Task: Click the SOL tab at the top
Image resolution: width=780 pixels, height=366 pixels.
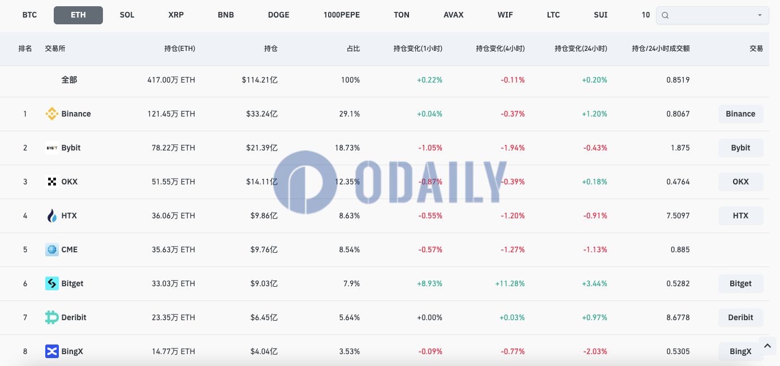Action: (127, 15)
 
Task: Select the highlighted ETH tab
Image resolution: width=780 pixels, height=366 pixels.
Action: (78, 15)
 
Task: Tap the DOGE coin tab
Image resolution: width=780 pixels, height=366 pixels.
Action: (278, 15)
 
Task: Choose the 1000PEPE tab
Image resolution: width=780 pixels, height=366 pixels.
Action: (342, 15)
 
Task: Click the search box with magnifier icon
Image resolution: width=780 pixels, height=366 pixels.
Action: (712, 15)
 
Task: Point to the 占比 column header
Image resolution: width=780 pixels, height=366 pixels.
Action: (353, 49)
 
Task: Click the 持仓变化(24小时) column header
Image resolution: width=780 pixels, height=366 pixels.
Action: (581, 49)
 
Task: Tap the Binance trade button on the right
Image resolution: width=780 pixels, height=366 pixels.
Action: (740, 114)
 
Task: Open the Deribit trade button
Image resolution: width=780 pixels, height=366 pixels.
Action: (740, 317)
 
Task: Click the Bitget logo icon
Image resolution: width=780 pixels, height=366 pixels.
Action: (52, 283)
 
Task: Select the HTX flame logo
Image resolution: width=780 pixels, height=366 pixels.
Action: (52, 216)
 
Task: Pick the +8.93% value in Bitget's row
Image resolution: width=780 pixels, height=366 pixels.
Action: (429, 283)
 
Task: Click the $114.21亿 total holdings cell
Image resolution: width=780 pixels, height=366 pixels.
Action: (260, 80)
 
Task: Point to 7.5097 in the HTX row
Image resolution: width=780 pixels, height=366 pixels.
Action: (678, 216)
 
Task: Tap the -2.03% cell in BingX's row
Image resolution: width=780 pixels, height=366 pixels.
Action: (595, 351)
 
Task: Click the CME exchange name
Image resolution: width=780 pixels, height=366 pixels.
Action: (70, 249)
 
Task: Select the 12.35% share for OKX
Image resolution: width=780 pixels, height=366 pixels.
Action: (347, 182)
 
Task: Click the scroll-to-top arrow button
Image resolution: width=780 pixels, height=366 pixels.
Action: (767, 345)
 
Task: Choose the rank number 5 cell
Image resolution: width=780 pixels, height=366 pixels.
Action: (25, 249)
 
